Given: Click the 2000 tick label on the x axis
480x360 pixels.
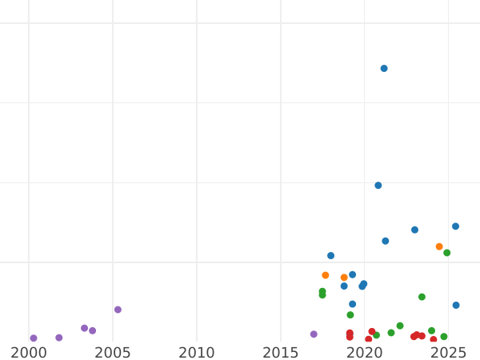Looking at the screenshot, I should pyautogui.click(x=29, y=352).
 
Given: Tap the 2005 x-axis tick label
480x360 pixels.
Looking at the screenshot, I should pyautogui.click(x=113, y=352).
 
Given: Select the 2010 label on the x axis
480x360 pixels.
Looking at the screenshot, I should pyautogui.click(x=197, y=352).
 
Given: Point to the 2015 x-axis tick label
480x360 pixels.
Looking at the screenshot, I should pyautogui.click(x=281, y=352).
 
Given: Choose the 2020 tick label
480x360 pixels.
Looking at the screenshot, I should pyautogui.click(x=365, y=352).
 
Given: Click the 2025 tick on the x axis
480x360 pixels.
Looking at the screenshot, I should pyautogui.click(x=448, y=352).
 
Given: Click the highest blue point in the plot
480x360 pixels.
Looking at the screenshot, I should pyautogui.click(x=384, y=69).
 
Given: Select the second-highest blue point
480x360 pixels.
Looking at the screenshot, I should pyautogui.click(x=378, y=186).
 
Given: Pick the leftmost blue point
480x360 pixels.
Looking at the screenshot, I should pyautogui.click(x=330, y=256).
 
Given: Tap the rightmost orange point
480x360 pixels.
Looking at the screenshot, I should pyautogui.click(x=439, y=246).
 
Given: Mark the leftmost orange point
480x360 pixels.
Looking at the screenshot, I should pyautogui.click(x=326, y=275).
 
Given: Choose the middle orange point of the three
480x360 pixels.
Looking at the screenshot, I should pyautogui.click(x=344, y=278).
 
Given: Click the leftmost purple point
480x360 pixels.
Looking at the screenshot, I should pyautogui.click(x=34, y=338).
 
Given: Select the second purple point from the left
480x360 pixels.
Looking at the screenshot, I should pyautogui.click(x=59, y=338).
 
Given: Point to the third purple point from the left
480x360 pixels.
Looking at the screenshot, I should pyautogui.click(x=84, y=328).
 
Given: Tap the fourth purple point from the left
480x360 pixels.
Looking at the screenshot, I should pyautogui.click(x=92, y=330).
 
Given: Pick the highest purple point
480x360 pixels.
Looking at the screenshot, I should pyautogui.click(x=118, y=310).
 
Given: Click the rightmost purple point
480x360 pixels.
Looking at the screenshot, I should pyautogui.click(x=314, y=334).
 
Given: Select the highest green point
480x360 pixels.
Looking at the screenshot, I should pyautogui.click(x=447, y=253).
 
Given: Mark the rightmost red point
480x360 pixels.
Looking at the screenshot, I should pyautogui.click(x=434, y=340).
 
